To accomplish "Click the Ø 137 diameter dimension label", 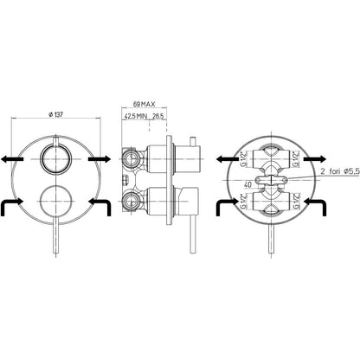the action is pyautogui.click(x=55, y=114).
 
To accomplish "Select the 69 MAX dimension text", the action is pyautogui.click(x=144, y=104).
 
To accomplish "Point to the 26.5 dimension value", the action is pyautogui.click(x=157, y=116).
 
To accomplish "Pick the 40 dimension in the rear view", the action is pyautogui.click(x=247, y=184).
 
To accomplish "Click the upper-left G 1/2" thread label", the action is pyautogui.click(x=244, y=159).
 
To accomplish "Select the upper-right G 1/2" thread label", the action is pyautogui.click(x=295, y=159).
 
